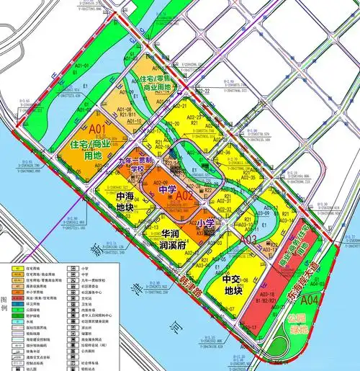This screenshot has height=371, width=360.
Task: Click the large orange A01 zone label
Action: click(98, 130)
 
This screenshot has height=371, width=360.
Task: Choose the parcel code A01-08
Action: click(132, 109)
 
